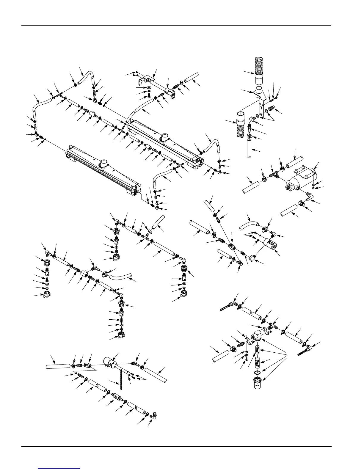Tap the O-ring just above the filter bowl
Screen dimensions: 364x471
tap(258, 372)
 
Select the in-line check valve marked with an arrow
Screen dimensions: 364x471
tap(116, 397)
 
